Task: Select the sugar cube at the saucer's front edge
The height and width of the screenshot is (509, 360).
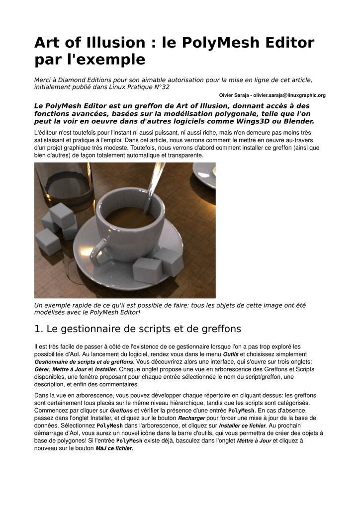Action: tap(147, 270)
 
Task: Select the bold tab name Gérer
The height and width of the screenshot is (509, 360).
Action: tap(42, 370)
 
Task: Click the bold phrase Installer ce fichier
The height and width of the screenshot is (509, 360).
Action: tap(242, 425)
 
